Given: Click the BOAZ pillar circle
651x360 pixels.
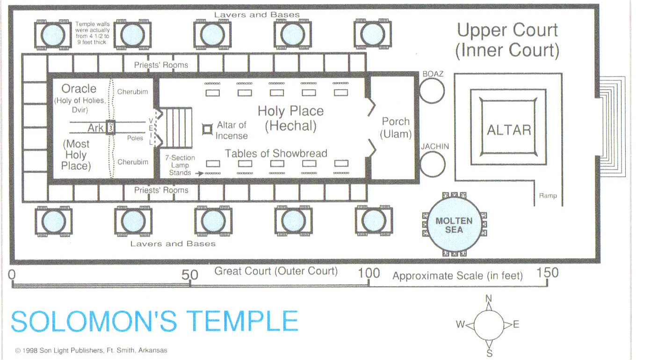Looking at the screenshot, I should coord(432,91).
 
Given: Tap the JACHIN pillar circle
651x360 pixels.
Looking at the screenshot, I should coord(432,165).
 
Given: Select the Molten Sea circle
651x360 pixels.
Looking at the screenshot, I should coord(454,225).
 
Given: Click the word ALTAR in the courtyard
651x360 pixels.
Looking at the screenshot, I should coord(509,130).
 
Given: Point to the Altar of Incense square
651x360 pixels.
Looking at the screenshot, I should coord(207,129).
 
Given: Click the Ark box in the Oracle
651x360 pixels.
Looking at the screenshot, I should coord(110,128).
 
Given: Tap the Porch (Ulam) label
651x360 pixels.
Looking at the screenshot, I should coord(396,128).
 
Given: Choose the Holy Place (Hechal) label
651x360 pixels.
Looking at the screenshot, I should coord(290,118).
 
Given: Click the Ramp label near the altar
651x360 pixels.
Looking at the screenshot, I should coord(548,196).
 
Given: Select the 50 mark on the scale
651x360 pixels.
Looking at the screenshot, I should coord(190,274).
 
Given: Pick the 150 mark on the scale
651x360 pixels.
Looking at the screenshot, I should coord(548,273).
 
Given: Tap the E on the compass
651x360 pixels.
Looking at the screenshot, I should coord(516,324).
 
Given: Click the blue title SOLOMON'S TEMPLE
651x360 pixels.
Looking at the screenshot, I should coord(154,322).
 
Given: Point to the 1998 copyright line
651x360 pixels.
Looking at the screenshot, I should coord(91,350).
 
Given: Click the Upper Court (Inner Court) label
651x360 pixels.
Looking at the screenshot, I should coord(507,40).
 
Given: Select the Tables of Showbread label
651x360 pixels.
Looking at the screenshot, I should coord(276,153).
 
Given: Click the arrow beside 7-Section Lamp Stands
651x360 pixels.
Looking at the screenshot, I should coord(199,173).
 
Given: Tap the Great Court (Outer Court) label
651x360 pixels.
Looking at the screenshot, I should coord(276,271).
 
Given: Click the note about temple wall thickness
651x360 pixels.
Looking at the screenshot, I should coord(92,33).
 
